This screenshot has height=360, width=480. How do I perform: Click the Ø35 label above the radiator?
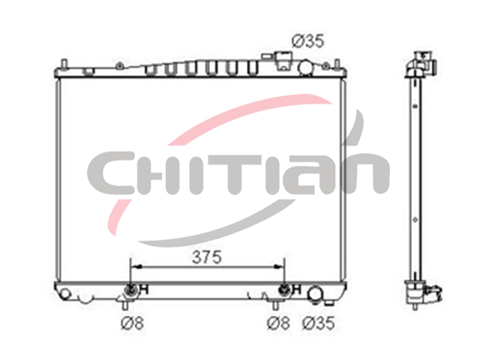point(307,41)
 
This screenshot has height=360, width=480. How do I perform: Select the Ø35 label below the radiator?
point(319,323)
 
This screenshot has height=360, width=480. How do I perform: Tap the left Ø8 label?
point(132,323)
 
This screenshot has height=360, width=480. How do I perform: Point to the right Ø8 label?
point(278,323)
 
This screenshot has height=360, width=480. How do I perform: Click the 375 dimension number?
point(207,257)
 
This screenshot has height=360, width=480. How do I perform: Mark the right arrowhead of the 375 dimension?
point(279,267)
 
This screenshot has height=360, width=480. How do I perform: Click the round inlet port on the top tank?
point(305,67)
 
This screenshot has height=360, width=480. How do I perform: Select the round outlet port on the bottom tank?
point(314,293)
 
